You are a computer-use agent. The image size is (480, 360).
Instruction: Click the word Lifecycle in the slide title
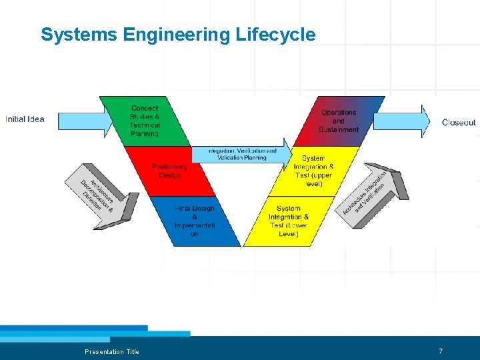[x=275, y=35]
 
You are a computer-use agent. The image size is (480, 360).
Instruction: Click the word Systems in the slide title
[x=79, y=35]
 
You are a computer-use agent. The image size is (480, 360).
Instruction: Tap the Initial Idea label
[x=25, y=119]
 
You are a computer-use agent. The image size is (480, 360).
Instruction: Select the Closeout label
[x=459, y=123]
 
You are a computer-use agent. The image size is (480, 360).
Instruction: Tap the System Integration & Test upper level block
[x=313, y=171]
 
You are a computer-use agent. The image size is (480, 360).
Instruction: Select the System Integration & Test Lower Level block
[x=289, y=221]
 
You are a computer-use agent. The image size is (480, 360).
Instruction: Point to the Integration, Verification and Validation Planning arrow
[x=241, y=154]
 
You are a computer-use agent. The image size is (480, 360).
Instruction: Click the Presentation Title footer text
[x=112, y=351]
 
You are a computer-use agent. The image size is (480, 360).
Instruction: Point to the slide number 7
[x=441, y=351]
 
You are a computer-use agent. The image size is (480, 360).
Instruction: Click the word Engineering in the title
[x=178, y=35]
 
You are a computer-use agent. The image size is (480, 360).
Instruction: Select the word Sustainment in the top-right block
[x=339, y=129]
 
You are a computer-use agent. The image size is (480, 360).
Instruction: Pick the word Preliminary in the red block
[x=169, y=167]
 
